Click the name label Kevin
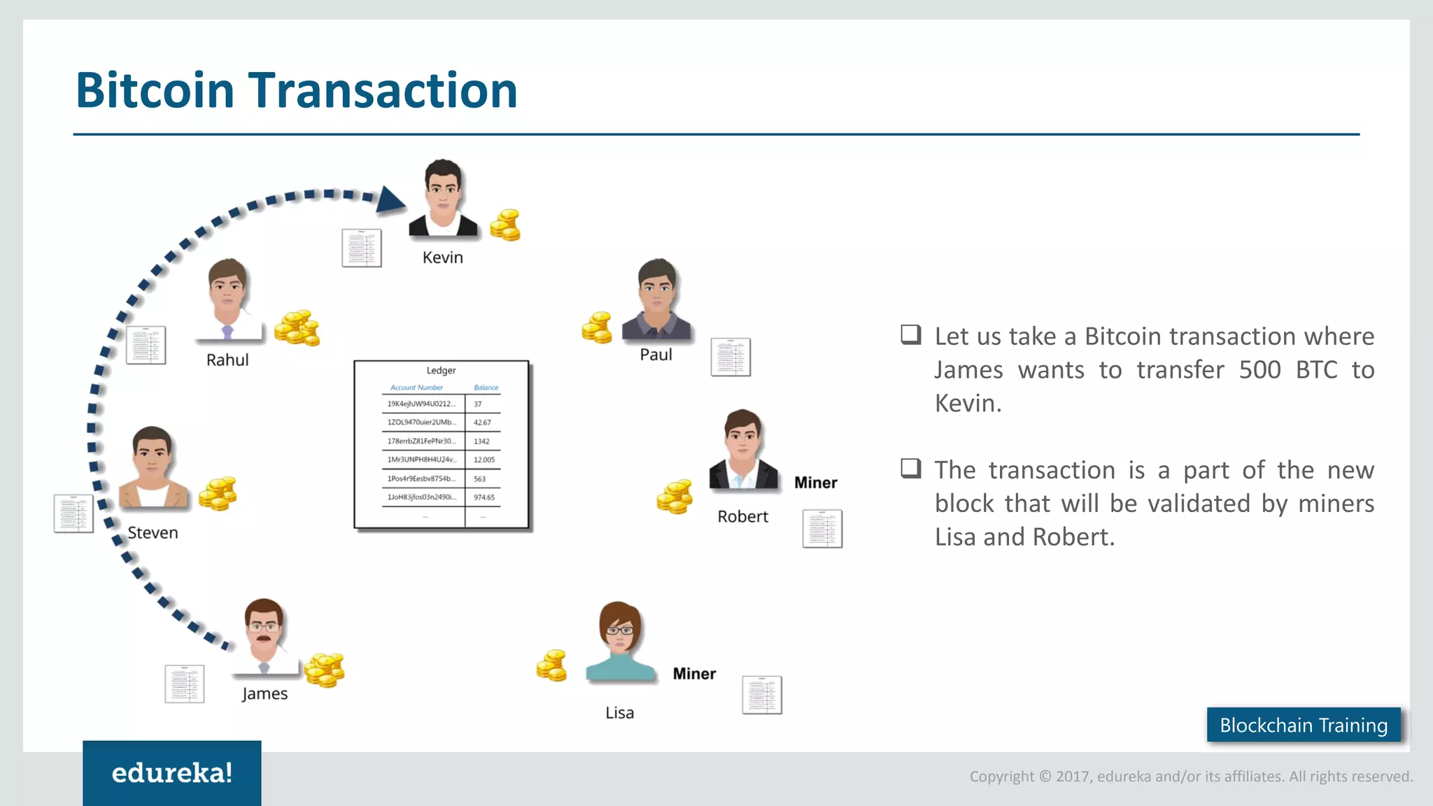click(442, 257)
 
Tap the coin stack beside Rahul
click(297, 328)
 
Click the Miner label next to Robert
click(815, 483)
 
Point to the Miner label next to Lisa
click(693, 674)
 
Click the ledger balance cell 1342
click(481, 441)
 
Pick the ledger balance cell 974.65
click(483, 497)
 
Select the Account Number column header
click(416, 388)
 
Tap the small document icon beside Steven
click(73, 514)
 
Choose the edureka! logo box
click(171, 773)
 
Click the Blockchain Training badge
click(1303, 726)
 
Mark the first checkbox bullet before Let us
click(910, 334)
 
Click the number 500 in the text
click(1259, 370)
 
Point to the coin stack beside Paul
click(597, 327)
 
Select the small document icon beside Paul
click(730, 357)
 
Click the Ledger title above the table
click(441, 370)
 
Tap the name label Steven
click(153, 533)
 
